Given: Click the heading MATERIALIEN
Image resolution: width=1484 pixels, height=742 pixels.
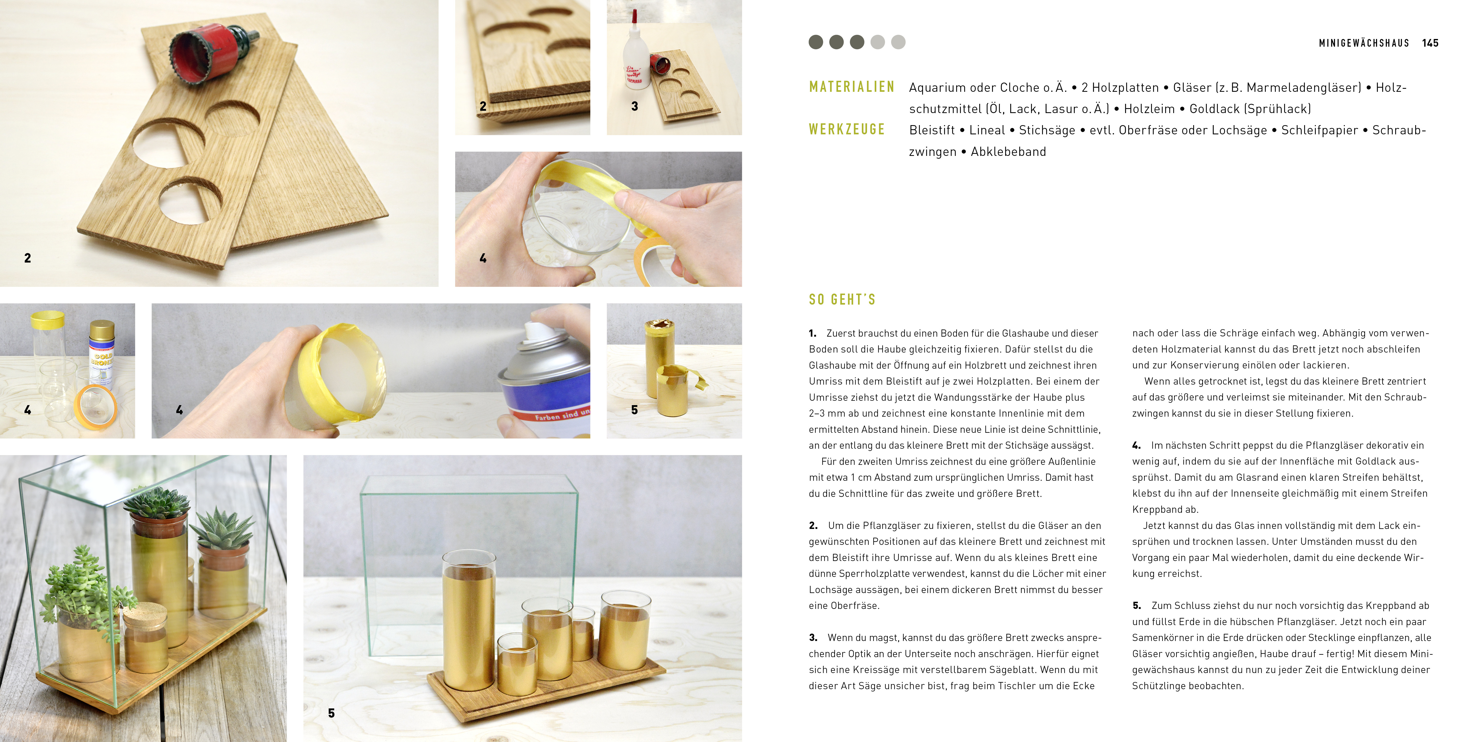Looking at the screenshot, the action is pyautogui.click(x=851, y=87).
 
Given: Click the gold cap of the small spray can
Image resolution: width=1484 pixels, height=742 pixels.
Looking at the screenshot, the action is pyautogui.click(x=102, y=330).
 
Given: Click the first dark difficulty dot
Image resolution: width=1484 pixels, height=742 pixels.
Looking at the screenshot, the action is pyautogui.click(x=816, y=42).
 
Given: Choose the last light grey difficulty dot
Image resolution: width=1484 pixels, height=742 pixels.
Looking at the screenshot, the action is pyautogui.click(x=898, y=42).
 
